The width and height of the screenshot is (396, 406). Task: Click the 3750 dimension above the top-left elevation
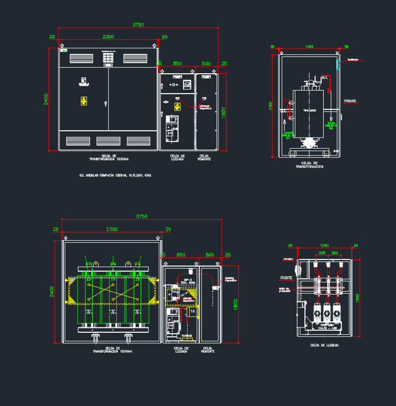pyautogui.click(x=138, y=24)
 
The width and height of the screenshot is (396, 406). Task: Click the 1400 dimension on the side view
pyautogui.click(x=309, y=47)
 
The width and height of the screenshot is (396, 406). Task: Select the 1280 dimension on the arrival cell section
pyautogui.click(x=324, y=245)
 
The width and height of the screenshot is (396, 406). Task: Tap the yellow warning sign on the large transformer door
pyautogui.click(x=84, y=101)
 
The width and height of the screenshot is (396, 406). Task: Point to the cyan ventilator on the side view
pyautogui.click(x=338, y=64)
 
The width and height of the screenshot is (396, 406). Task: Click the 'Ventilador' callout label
pyautogui.click(x=353, y=60)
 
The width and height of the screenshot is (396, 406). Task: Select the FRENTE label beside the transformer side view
pyautogui.click(x=350, y=101)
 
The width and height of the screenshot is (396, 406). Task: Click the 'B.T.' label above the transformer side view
pyautogui.click(x=325, y=78)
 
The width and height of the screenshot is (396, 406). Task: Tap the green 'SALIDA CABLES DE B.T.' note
pyautogui.click(x=331, y=126)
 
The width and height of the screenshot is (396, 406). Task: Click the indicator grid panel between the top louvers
pyautogui.click(x=108, y=58)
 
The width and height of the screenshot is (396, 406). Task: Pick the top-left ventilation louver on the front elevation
pyautogui.click(x=81, y=58)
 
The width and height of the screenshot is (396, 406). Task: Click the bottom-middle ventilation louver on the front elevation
pyautogui.click(x=108, y=141)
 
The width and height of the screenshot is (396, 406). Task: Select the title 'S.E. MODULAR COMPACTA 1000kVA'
pyautogui.click(x=115, y=175)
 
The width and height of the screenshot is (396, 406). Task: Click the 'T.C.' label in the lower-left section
pyautogui.click(x=193, y=312)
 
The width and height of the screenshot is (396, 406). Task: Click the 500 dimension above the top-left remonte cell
pyautogui.click(x=206, y=63)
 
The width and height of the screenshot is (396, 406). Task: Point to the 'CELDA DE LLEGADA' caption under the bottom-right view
pyautogui.click(x=324, y=345)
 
